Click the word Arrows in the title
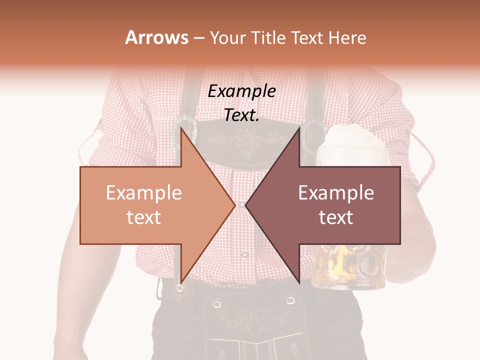coord(156,37)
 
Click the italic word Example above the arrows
coord(241,91)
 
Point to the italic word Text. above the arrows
coord(241,115)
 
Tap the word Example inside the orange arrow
coord(143,193)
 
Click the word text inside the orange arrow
coord(143,217)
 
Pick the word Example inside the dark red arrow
coord(336,193)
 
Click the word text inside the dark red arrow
coord(336,217)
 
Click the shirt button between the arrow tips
coord(241,204)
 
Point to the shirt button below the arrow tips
coord(244,255)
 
